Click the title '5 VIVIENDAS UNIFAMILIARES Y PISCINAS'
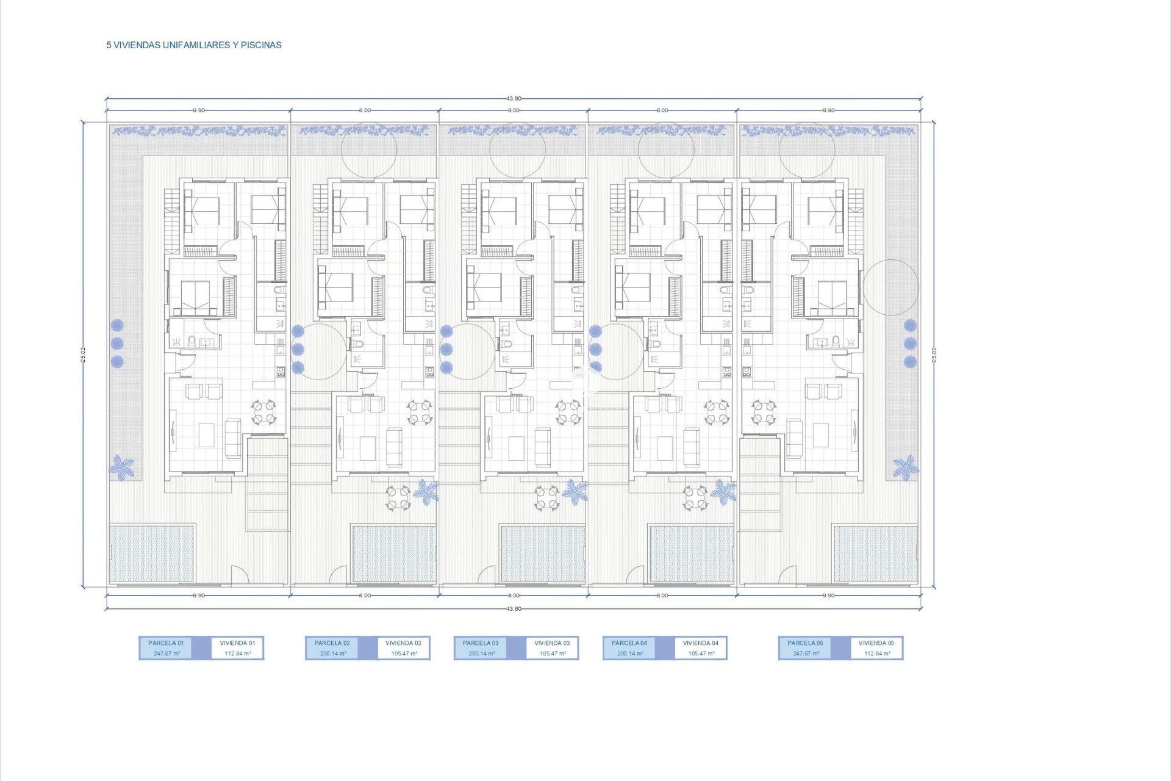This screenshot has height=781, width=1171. click(194, 45)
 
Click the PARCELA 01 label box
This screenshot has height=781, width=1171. click(166, 647)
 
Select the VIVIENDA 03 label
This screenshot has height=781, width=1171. click(552, 643)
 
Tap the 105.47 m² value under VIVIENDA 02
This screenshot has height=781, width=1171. click(404, 653)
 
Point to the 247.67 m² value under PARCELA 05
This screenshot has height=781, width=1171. click(806, 653)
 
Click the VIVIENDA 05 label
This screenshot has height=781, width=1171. click(876, 643)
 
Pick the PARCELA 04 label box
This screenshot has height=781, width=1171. click(629, 647)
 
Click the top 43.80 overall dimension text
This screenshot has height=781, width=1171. click(514, 98)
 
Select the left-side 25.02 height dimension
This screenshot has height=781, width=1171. click(83, 355)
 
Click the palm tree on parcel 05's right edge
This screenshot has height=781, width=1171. click(905, 467)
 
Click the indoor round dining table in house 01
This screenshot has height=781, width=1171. click(264, 412)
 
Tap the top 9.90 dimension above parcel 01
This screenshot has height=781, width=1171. click(199, 110)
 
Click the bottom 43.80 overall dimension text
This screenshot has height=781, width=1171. click(514, 608)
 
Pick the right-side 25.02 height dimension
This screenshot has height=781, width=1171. click(934, 355)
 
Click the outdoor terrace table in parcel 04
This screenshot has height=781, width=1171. click(695, 497)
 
